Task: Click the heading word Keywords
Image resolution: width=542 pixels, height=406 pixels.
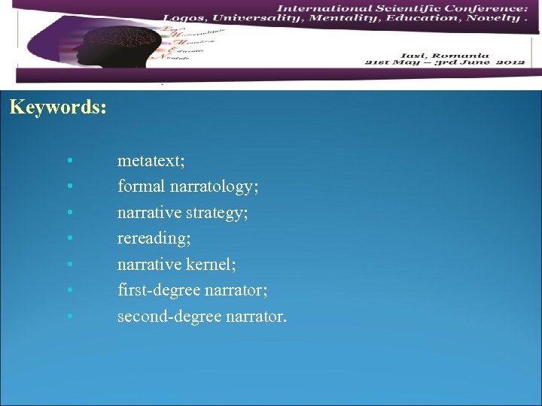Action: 57,107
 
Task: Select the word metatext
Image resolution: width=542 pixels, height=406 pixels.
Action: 151,160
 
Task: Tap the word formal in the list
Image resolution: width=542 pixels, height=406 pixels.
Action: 139,186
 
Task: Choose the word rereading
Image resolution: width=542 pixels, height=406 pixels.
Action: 154,238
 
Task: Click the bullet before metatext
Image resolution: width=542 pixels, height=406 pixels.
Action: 69,161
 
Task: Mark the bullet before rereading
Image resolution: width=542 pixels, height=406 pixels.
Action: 69,239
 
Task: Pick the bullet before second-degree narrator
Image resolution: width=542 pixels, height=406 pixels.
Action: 69,317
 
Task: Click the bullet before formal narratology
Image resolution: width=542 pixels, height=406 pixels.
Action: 69,186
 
